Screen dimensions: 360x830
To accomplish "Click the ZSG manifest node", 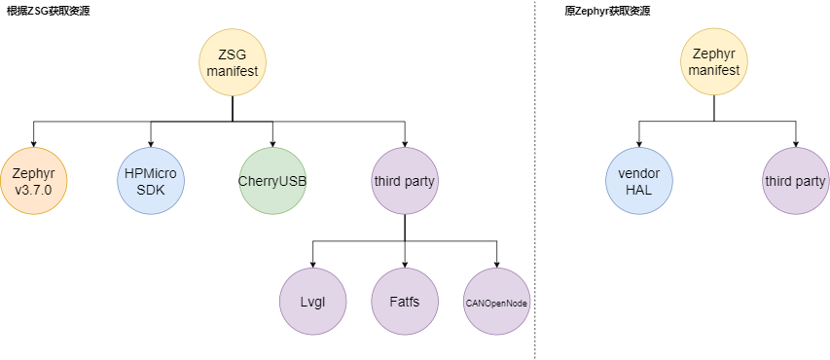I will click(x=233, y=64).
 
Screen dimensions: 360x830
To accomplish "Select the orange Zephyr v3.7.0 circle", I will click(x=34, y=180).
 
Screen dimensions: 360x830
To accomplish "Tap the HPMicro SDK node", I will click(x=151, y=180).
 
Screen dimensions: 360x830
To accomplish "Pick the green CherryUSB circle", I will click(x=272, y=180).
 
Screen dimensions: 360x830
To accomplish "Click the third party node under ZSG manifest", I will click(x=405, y=180).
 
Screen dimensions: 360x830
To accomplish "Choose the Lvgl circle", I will click(x=312, y=302).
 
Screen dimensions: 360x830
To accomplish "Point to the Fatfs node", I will click(x=405, y=302).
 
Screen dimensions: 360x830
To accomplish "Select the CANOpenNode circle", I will click(x=497, y=302).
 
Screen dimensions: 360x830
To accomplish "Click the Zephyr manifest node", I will click(x=713, y=62).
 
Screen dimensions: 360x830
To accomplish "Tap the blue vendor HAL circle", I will click(x=638, y=180).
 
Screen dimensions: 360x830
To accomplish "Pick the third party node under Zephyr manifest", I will click(x=795, y=180).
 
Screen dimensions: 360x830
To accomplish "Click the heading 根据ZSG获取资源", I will click(x=49, y=10).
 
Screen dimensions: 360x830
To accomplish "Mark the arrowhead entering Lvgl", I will click(x=312, y=263).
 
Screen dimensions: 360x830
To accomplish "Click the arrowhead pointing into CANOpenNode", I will click(x=497, y=263).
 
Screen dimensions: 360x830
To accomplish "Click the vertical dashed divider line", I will click(x=534, y=195).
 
